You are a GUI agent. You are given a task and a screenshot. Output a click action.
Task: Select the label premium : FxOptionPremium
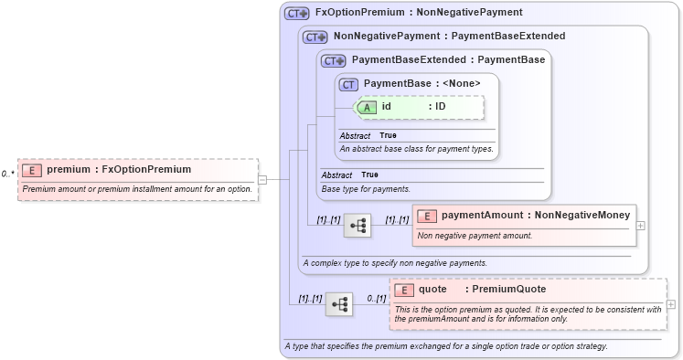point(119,170)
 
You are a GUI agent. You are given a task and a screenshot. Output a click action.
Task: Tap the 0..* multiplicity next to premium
point(7,174)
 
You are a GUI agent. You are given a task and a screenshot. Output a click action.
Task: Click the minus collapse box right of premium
point(262,179)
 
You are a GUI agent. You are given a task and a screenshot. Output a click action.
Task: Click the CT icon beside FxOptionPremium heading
point(297,14)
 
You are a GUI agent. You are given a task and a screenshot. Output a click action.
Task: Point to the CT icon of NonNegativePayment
point(315,37)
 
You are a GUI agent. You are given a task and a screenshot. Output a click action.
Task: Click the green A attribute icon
point(367,107)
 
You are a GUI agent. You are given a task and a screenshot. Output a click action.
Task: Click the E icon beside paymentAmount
point(426,217)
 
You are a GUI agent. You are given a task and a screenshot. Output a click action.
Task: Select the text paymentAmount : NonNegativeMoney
point(536,217)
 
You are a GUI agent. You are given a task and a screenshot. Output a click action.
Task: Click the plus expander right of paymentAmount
point(640,225)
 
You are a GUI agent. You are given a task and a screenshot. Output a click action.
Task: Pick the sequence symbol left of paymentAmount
point(358,225)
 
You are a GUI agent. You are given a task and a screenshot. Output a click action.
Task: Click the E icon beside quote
point(403,290)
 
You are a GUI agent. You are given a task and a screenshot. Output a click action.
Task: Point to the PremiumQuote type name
point(503,290)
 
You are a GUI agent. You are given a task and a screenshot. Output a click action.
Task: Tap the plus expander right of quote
point(672,304)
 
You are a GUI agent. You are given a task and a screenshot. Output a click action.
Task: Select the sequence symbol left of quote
point(339,304)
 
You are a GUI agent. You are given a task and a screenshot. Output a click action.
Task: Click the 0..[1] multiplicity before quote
point(376,298)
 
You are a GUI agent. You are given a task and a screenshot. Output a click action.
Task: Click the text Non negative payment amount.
point(475,236)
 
